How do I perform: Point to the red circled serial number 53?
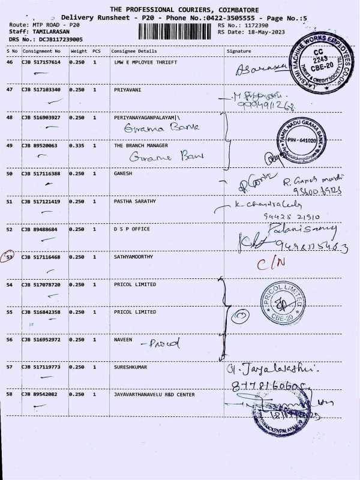(x=9, y=257)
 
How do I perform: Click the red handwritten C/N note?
(x=269, y=262)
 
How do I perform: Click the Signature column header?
(x=238, y=52)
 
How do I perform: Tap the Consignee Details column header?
(x=133, y=52)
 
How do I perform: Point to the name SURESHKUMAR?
(x=131, y=366)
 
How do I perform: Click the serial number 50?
(x=9, y=173)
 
